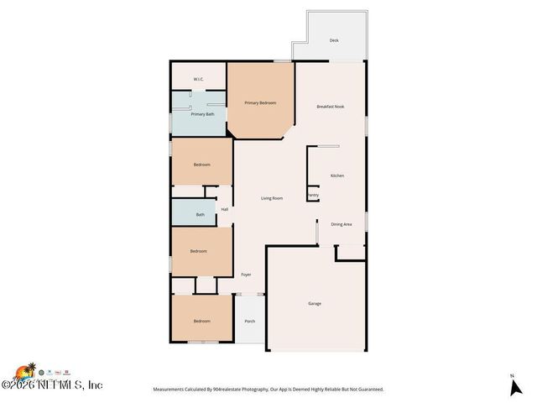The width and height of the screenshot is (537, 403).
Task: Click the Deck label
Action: [x=334, y=40]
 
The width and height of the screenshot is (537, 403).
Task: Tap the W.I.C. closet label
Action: [x=199, y=80]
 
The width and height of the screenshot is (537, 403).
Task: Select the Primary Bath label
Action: [x=202, y=114]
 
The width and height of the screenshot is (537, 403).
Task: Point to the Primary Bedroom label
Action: [x=260, y=102]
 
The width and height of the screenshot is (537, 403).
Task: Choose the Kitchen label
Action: [x=337, y=175]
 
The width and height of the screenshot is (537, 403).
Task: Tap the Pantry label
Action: [x=313, y=196]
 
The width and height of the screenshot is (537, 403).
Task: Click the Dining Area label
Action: [x=341, y=224]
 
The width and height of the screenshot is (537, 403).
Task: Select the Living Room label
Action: [x=271, y=198]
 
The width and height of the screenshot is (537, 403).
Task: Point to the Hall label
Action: [x=225, y=210]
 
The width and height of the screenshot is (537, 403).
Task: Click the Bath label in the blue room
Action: [x=201, y=215]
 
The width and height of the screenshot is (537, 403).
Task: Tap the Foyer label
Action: [x=246, y=275]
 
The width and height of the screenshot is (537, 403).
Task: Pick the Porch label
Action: [x=249, y=322]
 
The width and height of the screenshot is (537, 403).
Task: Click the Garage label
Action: [x=315, y=303]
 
